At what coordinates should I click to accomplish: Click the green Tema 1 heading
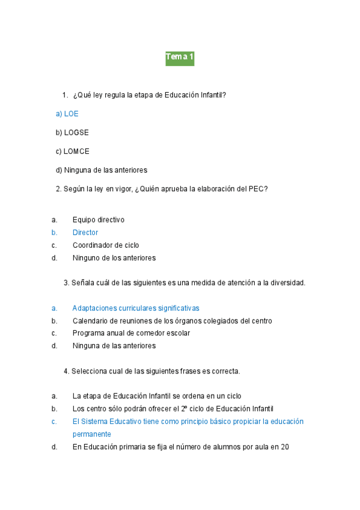pos(180,58)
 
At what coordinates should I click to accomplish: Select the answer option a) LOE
pos(67,114)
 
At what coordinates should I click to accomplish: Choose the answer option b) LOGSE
pos(72,132)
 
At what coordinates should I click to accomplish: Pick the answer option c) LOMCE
pos(72,152)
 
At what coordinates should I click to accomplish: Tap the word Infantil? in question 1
pos(213,95)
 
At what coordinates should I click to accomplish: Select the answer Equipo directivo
pos(99,220)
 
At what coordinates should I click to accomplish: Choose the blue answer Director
pos(85,233)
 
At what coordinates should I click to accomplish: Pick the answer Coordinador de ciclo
pos(106,245)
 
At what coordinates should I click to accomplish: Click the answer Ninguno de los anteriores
pos(114,258)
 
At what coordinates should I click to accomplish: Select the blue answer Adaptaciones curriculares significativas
pos(136,308)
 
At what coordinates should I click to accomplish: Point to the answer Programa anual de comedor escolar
pos(131,333)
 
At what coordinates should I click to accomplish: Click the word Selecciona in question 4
pos(89,371)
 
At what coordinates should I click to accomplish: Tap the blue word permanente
pos(92,434)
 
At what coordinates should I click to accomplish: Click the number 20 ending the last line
pos(285,447)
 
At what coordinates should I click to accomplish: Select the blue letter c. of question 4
pos(55,422)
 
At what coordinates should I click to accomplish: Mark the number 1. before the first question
pos(65,95)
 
